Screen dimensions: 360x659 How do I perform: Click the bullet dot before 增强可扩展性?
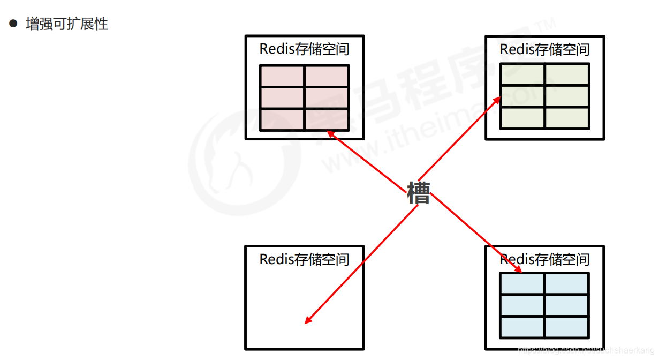tap(13, 24)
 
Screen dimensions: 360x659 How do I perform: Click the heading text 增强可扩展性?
tap(67, 25)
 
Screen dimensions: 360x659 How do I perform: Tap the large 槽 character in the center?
tap(418, 193)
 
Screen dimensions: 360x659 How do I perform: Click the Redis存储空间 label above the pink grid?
tap(304, 49)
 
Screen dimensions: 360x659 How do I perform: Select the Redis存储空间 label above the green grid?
tap(544, 49)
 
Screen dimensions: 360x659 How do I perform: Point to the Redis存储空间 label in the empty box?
tap(304, 259)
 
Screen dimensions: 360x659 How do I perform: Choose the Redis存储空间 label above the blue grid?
tap(544, 259)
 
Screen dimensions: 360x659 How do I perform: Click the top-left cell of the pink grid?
tap(282, 76)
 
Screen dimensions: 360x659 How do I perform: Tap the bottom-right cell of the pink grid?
tap(327, 119)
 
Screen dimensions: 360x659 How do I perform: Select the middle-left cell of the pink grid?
tap(282, 98)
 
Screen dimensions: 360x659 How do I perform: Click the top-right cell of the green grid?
tap(567, 74)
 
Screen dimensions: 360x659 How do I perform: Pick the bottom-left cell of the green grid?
tap(522, 118)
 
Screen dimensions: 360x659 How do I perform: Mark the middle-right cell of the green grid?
tap(567, 96)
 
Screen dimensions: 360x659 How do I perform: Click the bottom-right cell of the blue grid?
tap(566, 327)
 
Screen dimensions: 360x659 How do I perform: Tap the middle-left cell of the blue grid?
tap(522, 305)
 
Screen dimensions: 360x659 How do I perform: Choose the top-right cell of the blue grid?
tap(566, 283)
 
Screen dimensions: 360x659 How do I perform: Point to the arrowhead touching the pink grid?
tap(330, 132)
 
